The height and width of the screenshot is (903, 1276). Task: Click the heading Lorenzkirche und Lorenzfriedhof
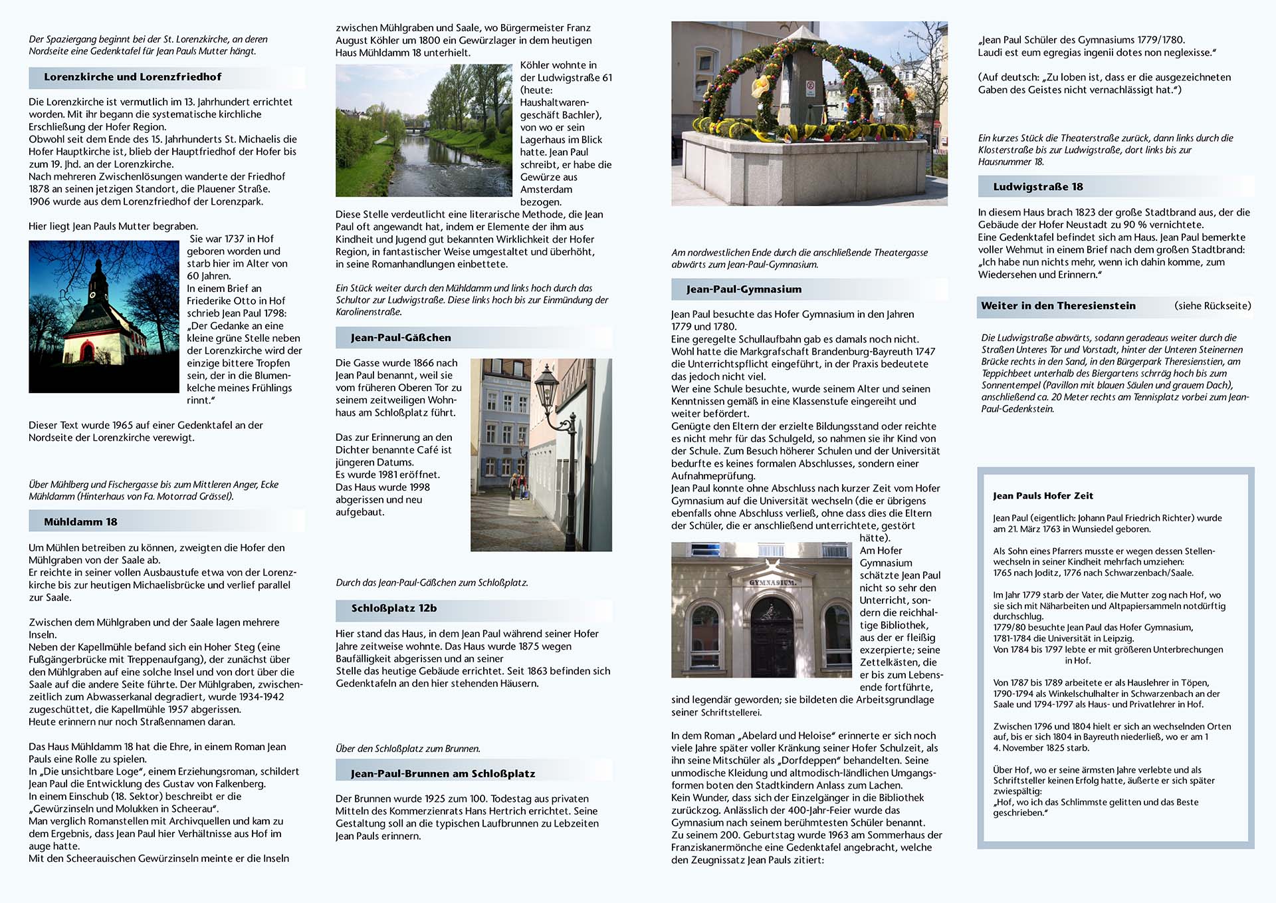point(132,77)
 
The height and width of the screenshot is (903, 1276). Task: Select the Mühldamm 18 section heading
point(80,522)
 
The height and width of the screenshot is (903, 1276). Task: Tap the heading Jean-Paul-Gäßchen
point(401,338)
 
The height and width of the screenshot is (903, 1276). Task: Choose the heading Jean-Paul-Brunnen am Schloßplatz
point(443,774)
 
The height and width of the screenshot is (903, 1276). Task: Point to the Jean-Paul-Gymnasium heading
point(744,289)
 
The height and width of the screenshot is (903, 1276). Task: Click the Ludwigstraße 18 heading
point(1037,187)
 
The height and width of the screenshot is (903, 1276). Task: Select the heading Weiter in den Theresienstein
point(1058,306)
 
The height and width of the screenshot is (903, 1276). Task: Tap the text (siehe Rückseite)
point(1212,306)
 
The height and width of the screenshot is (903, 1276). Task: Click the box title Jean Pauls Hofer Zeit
point(1043,496)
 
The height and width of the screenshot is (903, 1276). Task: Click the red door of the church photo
point(87,351)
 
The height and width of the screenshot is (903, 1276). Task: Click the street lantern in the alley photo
point(547,386)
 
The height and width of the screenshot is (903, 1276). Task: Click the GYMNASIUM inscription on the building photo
point(772,582)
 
